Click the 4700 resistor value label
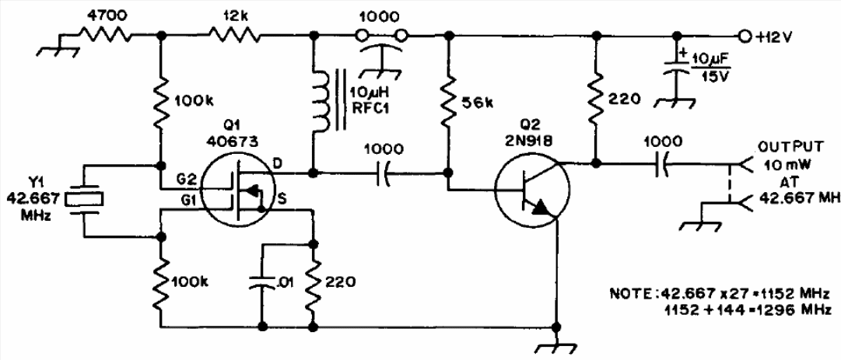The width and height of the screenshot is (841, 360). click(x=103, y=16)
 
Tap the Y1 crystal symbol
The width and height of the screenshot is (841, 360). click(x=83, y=199)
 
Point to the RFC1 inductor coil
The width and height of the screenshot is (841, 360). click(x=321, y=100)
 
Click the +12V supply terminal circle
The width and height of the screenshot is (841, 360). click(x=744, y=36)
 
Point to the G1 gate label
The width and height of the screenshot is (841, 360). click(x=190, y=200)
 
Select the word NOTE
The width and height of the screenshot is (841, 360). click(x=626, y=294)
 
